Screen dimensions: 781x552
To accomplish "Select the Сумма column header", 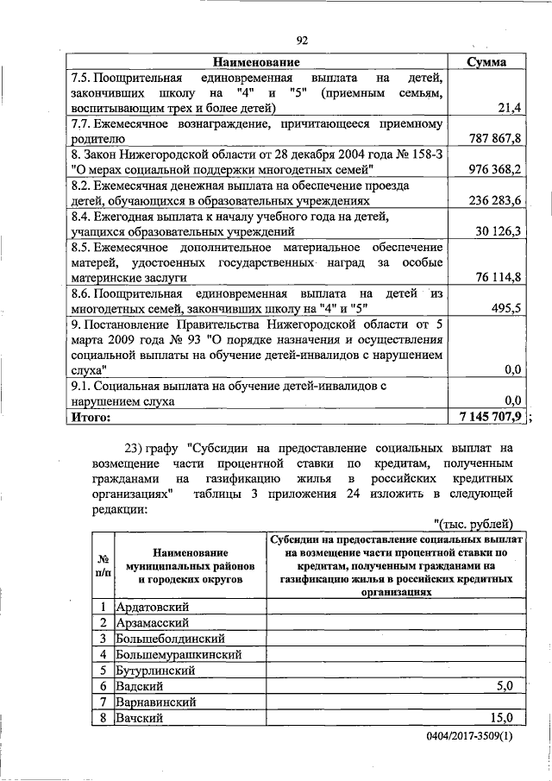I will (x=486, y=62).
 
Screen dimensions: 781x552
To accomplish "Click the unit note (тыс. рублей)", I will (x=474, y=524).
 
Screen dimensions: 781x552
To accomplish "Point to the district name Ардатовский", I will (x=152, y=607).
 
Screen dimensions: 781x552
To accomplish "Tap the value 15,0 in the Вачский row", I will (x=501, y=717).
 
